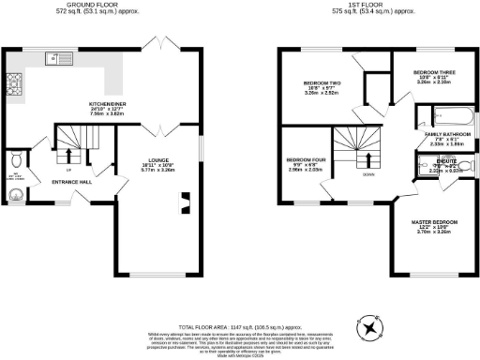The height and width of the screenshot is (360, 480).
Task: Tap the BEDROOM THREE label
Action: (433, 72)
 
